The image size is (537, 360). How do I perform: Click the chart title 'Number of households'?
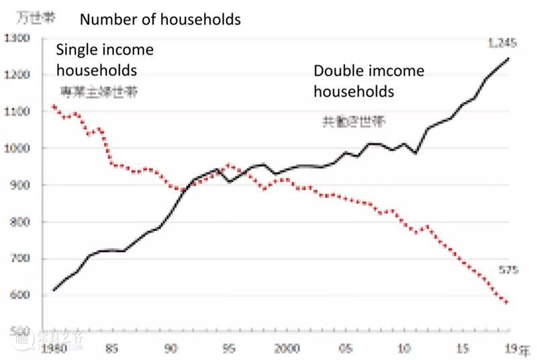[x=160, y=19]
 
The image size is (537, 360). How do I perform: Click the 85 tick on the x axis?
[x=112, y=349]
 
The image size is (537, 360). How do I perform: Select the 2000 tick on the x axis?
[x=286, y=349]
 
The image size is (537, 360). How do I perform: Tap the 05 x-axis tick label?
[x=345, y=349]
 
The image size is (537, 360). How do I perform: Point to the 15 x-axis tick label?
[x=462, y=349]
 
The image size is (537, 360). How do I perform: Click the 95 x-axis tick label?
[x=229, y=349]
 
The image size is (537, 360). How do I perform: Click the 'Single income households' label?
[x=105, y=60]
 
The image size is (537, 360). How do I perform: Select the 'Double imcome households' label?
[x=369, y=81]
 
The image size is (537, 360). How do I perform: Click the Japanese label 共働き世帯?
[x=354, y=122]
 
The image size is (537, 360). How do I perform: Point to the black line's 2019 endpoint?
[x=508, y=58]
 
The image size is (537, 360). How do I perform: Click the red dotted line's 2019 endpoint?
[x=507, y=302]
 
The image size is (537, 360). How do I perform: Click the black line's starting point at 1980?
[x=54, y=290]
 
